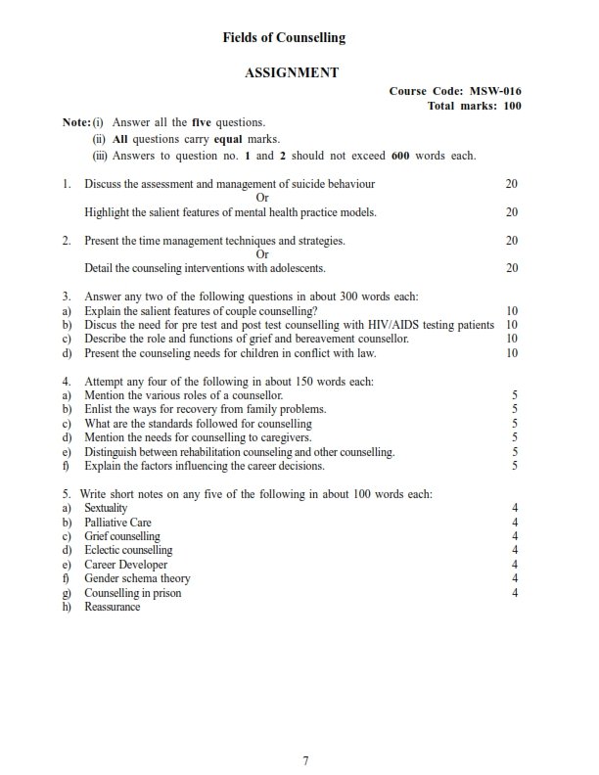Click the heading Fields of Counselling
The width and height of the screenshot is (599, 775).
coord(284,38)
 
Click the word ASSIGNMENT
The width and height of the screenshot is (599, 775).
coord(292,72)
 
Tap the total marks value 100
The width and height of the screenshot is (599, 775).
coord(511,106)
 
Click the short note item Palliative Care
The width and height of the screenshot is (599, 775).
coord(117,523)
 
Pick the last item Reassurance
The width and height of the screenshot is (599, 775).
coord(113,607)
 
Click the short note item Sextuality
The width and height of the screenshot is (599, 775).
coord(107,509)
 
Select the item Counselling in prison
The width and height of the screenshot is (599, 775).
coord(132,593)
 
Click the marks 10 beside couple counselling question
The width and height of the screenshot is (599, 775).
coord(512,310)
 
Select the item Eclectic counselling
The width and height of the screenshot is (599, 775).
coord(128,551)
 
